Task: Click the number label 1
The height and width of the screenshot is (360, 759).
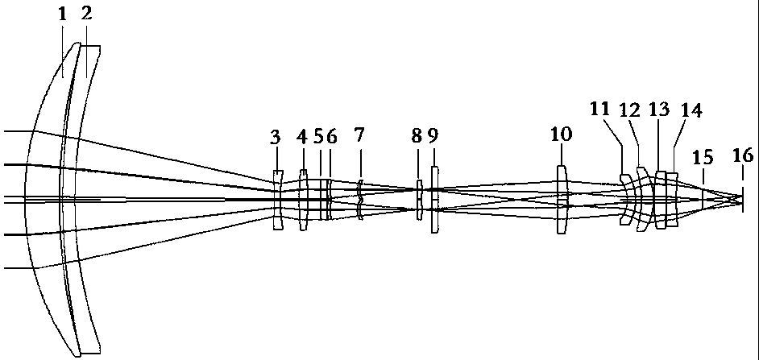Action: (x=62, y=14)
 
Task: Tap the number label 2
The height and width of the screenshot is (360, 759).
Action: (x=86, y=14)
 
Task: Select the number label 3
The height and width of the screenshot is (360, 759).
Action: (x=275, y=137)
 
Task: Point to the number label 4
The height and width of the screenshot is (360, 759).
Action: (x=302, y=137)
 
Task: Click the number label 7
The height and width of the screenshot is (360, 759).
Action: (x=359, y=137)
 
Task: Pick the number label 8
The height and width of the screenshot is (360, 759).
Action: (x=417, y=137)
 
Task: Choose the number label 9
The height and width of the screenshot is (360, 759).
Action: (x=433, y=137)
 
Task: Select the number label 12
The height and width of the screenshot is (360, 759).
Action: (x=629, y=110)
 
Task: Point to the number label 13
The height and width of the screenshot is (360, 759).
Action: (x=659, y=110)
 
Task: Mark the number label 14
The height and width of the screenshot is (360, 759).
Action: (x=691, y=110)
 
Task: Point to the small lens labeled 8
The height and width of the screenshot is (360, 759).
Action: (x=419, y=201)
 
